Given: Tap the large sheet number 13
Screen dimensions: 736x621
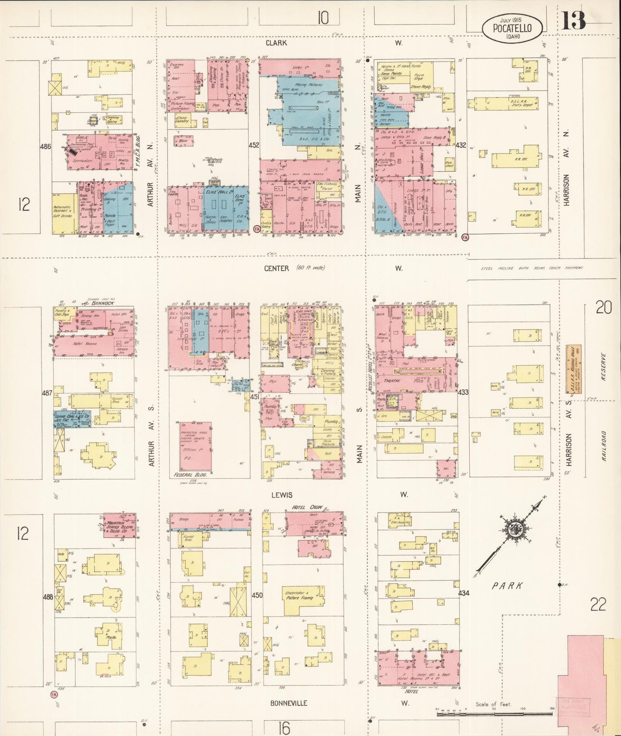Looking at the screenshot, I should (574, 20).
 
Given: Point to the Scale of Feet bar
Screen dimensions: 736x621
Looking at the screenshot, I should (494, 713).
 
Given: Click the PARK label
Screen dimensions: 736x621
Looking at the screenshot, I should (508, 585).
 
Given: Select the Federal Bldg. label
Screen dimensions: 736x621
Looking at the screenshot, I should (190, 475).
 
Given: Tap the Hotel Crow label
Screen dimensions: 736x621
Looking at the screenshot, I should (307, 508).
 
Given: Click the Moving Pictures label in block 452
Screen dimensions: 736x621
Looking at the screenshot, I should (309, 85).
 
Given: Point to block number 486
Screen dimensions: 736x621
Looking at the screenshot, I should (46, 146).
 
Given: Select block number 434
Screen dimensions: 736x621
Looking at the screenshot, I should (464, 593).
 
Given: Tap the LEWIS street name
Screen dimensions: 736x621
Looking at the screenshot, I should (281, 495).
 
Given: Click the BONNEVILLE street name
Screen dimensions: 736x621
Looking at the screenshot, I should (289, 703).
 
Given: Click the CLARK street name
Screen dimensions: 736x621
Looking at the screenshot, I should (276, 43).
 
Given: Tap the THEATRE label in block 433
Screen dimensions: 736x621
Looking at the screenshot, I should (392, 380).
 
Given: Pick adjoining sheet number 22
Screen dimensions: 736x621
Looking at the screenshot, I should (598, 605).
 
